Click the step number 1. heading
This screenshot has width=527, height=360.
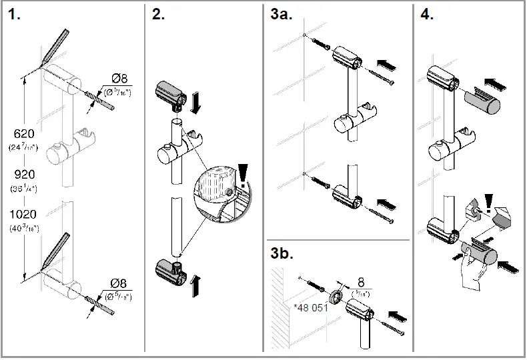[x=15, y=15]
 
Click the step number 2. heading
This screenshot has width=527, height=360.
[x=159, y=15]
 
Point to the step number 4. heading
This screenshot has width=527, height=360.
[x=427, y=15]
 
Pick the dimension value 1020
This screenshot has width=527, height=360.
[x=24, y=215]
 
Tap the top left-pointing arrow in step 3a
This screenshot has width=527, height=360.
[x=387, y=65]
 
